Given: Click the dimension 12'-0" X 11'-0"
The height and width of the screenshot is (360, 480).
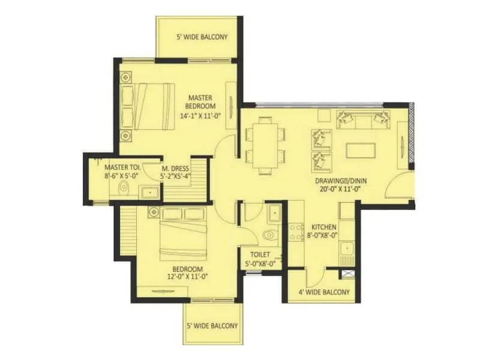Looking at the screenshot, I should tap(188, 278).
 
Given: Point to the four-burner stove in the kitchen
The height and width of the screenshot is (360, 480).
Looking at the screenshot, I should tap(296, 231).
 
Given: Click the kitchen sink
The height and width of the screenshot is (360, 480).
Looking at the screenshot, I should tap(346, 248).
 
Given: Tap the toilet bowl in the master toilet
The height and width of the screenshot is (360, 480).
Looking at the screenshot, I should tap(124, 187).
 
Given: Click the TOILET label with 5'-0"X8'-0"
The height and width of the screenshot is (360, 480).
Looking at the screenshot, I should tap(259, 259).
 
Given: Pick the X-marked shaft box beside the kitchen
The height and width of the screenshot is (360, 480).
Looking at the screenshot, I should tap(347, 274).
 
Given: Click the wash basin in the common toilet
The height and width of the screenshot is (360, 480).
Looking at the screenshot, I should tap(274, 212).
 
